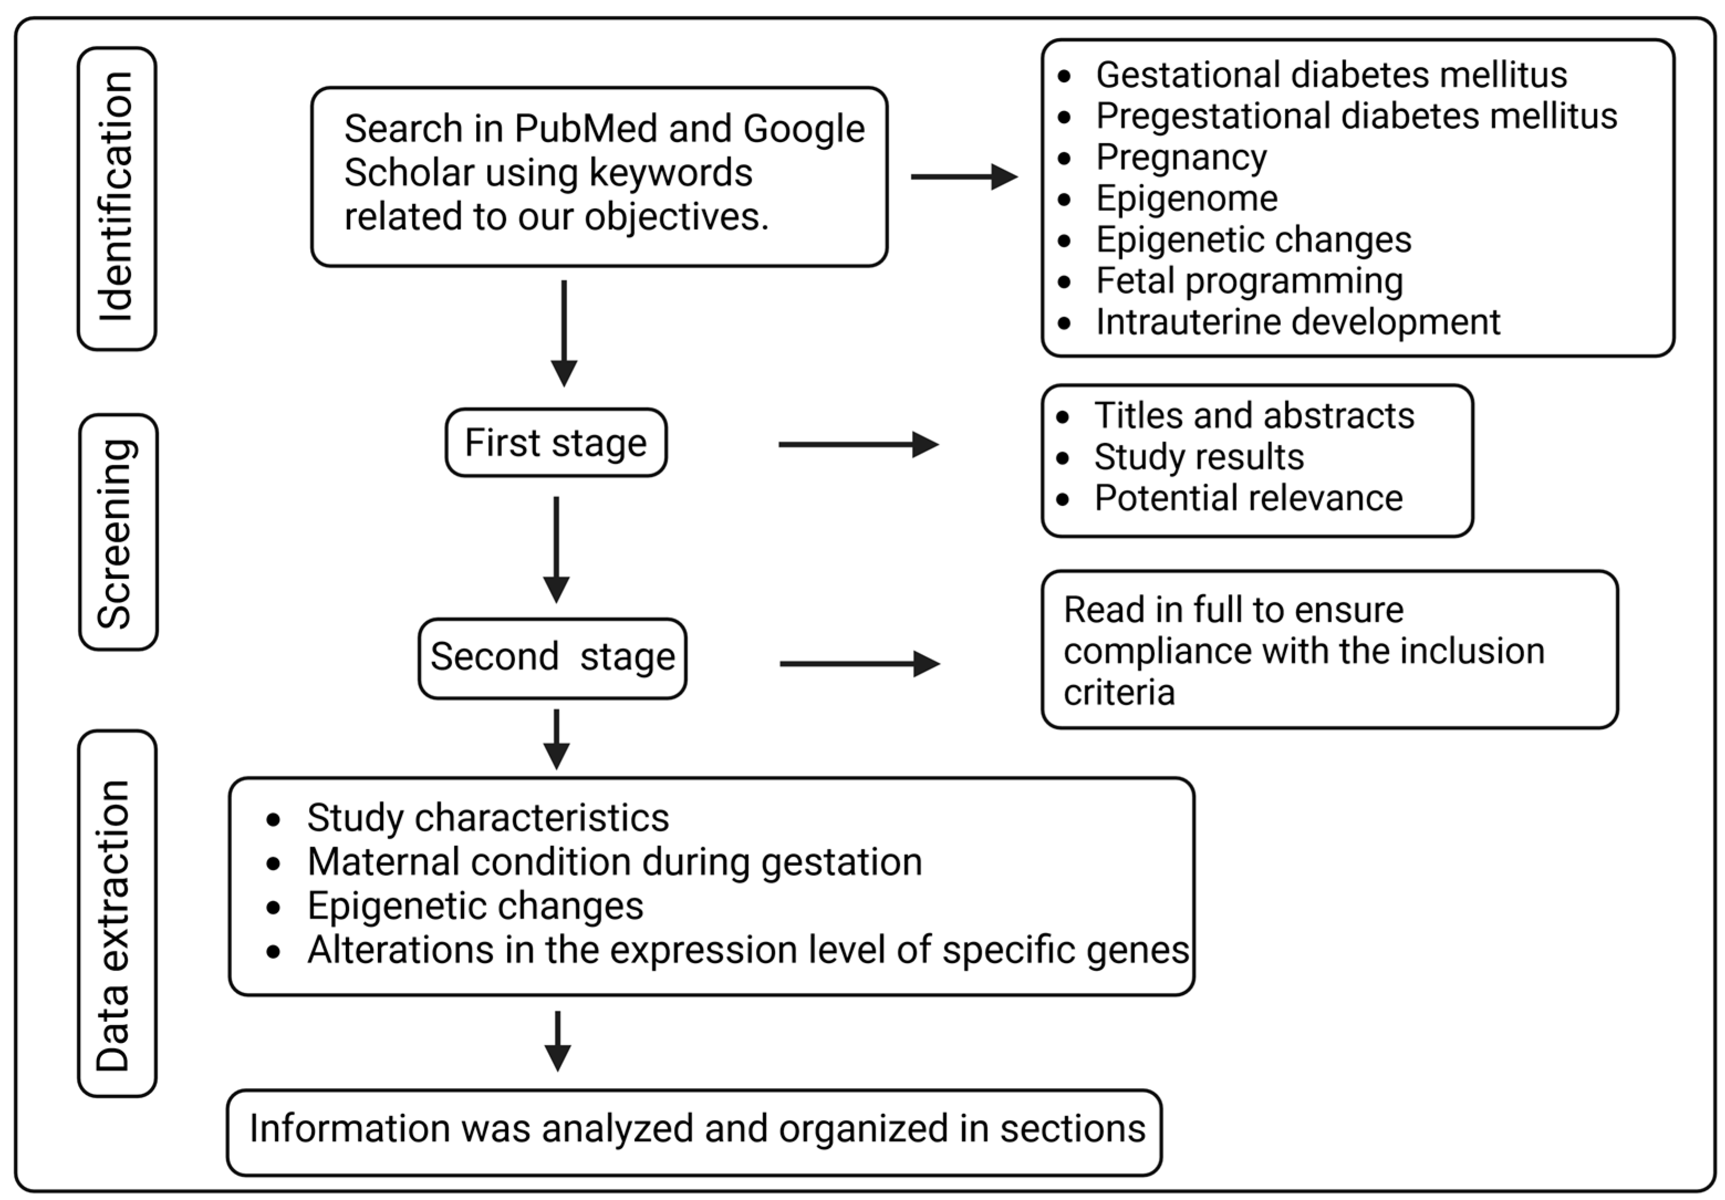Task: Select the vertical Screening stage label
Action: pos(118,532)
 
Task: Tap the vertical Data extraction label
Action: pos(117,913)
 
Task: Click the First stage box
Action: pos(555,443)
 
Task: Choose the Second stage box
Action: pos(552,657)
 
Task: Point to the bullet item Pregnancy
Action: pos(1180,157)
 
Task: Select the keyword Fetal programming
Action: pos(1249,281)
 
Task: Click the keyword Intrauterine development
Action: pos(1297,323)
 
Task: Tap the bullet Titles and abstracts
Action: pos(1253,415)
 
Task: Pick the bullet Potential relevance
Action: pos(1248,498)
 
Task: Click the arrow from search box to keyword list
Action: pos(963,178)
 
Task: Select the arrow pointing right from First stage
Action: pos(858,444)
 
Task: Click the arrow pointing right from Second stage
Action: pos(859,663)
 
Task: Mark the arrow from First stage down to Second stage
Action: pos(556,548)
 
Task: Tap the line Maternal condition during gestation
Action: pos(614,862)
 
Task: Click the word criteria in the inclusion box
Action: pos(1119,692)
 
